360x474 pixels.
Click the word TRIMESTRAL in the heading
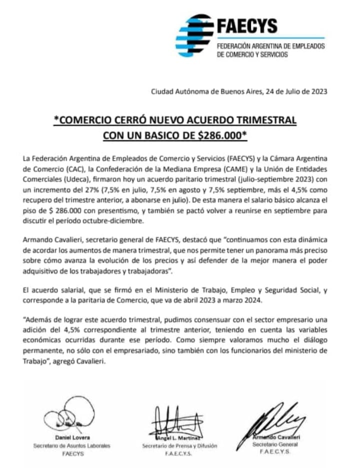click(264, 121)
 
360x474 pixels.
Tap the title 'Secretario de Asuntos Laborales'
click(71, 445)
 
